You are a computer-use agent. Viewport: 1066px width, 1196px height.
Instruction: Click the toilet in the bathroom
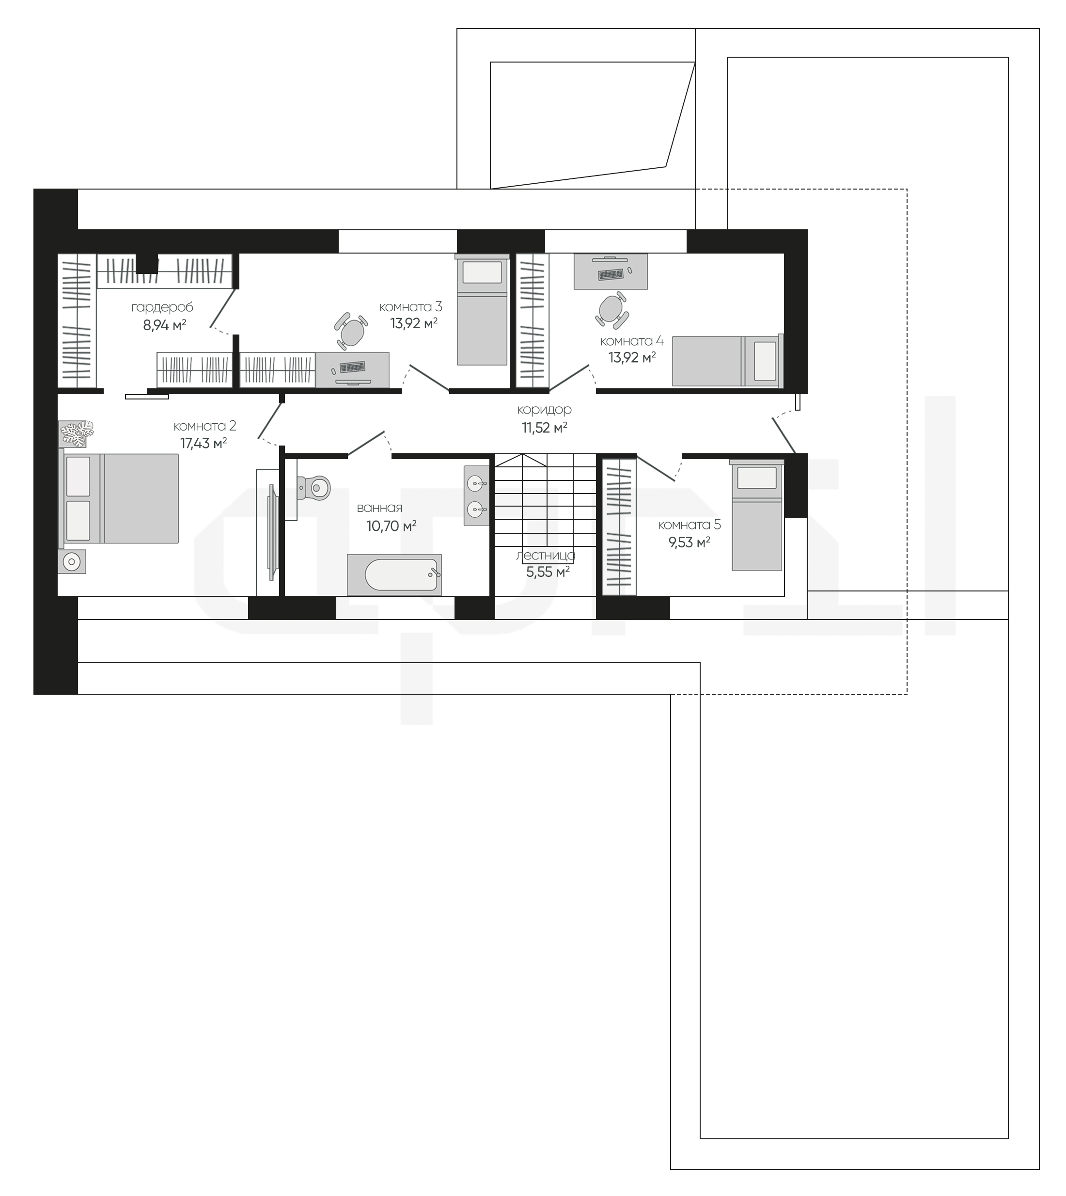tap(314, 487)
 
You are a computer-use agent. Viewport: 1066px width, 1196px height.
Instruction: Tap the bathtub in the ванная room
tap(394, 574)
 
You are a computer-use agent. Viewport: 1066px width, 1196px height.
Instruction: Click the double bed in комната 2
tap(118, 498)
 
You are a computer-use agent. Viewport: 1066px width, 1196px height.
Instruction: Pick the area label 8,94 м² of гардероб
tap(165, 325)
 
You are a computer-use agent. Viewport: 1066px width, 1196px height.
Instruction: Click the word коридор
tap(544, 410)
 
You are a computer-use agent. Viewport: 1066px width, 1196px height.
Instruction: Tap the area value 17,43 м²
tap(203, 443)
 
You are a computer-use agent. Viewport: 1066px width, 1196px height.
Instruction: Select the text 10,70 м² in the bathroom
tap(391, 526)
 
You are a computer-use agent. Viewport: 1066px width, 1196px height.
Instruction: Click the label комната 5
tap(690, 525)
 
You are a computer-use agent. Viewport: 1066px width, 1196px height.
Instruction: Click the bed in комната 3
tap(482, 310)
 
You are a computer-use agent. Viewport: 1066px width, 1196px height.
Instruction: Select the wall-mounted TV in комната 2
tap(272, 533)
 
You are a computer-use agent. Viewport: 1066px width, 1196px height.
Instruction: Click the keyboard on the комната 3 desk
tap(352, 367)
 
